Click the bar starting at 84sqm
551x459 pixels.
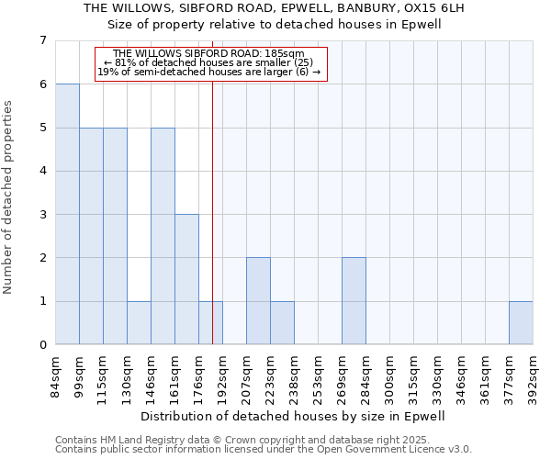(67, 214)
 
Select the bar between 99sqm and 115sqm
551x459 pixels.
(91, 236)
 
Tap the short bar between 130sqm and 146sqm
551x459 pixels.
(139, 323)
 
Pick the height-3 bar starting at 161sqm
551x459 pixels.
(186, 279)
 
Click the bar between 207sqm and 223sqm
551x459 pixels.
(258, 301)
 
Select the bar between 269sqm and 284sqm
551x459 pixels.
(354, 301)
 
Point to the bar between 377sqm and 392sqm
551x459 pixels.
(521, 323)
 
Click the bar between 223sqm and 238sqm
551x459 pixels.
(282, 323)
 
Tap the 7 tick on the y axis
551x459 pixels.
(42, 40)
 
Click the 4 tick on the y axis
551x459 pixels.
(42, 171)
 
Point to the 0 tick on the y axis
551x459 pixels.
(42, 345)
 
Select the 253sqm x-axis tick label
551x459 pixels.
(318, 375)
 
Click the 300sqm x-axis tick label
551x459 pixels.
(389, 375)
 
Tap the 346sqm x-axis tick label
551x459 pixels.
(461, 375)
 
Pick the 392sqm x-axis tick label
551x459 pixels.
(533, 375)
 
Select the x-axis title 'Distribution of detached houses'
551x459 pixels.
(294, 416)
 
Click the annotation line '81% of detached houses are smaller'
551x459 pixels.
(210, 62)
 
